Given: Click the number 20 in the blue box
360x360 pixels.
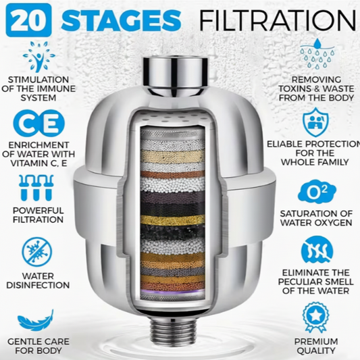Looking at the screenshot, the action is (28, 20).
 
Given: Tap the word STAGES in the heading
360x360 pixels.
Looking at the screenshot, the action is (121, 20).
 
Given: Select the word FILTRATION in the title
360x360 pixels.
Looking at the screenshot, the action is (278, 20).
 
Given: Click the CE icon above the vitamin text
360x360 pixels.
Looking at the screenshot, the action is (39, 124).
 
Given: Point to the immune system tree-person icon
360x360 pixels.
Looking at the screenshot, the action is (39, 57).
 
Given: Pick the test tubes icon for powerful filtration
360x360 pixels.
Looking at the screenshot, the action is (36, 188).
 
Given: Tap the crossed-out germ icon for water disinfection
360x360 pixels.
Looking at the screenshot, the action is (37, 252).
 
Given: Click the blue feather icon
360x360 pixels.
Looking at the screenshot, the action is (36, 320).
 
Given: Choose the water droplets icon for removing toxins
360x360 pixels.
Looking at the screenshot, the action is (317, 54).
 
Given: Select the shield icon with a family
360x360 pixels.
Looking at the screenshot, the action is (315, 122).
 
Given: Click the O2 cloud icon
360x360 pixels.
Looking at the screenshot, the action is (317, 192).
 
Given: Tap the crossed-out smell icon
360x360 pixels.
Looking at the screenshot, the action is (317, 249).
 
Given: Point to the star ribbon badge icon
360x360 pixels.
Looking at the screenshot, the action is (315, 317).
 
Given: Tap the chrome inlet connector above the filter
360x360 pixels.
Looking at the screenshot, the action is (176, 76).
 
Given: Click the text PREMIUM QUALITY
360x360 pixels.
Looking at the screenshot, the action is (316, 346).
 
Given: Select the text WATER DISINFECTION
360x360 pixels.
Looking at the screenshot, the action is (38, 280).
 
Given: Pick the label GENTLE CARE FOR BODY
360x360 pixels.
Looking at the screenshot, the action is (38, 346).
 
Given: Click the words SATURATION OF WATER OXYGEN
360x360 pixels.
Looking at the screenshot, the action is (316, 218).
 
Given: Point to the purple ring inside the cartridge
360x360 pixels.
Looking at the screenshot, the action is (173, 292).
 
